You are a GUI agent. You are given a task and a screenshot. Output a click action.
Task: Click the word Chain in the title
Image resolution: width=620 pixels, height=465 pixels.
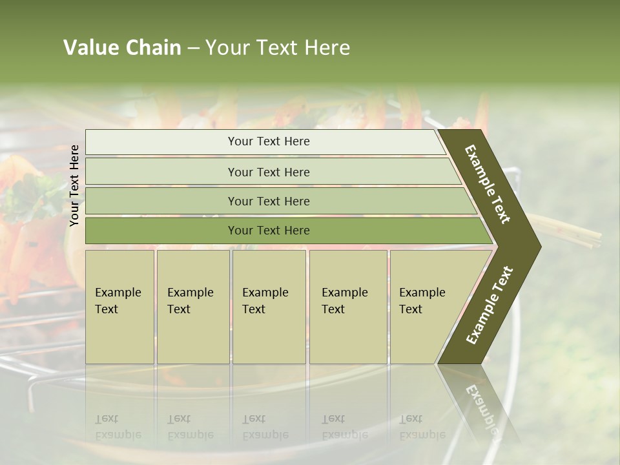tap(153, 48)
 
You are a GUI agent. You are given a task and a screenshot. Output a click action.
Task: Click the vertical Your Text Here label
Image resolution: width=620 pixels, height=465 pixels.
tap(74, 186)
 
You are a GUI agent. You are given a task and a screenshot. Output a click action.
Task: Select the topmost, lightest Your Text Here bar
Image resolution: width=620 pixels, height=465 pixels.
tap(268, 141)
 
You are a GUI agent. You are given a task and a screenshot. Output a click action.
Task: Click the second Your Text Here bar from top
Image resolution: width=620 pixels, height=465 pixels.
tap(268, 172)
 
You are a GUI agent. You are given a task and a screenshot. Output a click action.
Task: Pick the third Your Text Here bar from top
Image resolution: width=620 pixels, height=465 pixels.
tap(268, 201)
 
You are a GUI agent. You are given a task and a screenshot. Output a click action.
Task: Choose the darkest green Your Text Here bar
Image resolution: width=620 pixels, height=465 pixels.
tap(268, 231)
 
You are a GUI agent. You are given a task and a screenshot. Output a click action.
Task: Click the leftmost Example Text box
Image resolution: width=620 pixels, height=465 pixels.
tap(119, 307)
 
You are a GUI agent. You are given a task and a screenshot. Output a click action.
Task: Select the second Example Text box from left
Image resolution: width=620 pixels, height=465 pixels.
tap(192, 307)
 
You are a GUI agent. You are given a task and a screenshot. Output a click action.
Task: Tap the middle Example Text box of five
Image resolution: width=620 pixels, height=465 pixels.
tap(269, 307)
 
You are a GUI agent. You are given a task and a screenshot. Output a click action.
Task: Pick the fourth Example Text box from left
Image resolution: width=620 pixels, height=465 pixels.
tap(347, 307)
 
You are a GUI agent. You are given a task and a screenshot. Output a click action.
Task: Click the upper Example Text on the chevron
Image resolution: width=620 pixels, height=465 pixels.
tap(488, 184)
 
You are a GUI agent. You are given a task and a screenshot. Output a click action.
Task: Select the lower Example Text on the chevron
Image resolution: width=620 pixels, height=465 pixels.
tap(489, 305)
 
